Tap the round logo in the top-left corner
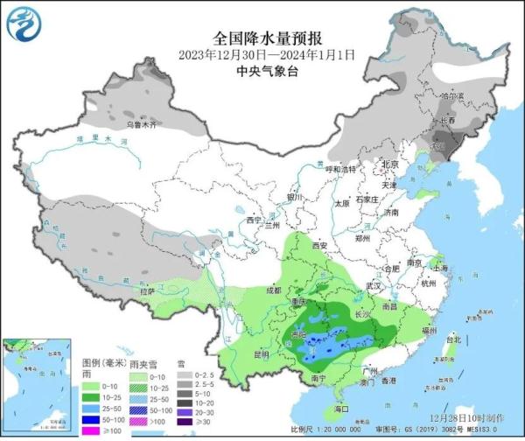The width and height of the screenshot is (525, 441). tap(24, 24)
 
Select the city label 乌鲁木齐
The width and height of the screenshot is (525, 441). tap(138, 126)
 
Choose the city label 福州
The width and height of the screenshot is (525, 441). tap(428, 331)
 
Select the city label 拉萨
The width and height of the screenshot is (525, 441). tap(145, 290)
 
